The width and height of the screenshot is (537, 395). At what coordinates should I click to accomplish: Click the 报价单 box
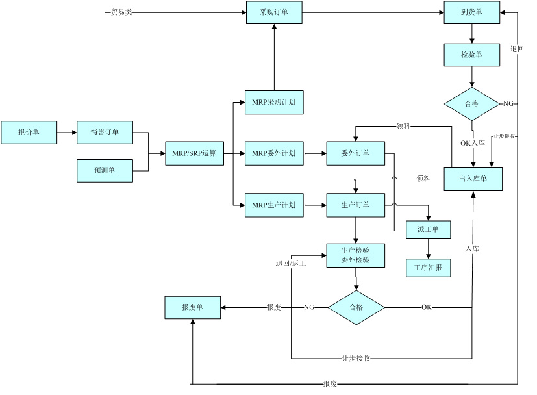29,132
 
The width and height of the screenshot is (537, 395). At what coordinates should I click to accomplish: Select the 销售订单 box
105,132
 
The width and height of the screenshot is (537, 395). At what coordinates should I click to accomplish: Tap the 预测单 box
105,170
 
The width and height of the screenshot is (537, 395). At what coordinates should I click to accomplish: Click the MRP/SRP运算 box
194,153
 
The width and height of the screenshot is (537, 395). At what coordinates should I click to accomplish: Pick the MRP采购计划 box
273,103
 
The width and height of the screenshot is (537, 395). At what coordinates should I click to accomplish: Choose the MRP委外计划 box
273,153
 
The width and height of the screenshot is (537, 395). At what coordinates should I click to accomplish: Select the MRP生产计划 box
273,205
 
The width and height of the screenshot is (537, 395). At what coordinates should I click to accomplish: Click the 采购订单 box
273,13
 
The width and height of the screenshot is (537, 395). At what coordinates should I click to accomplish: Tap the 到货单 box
472,13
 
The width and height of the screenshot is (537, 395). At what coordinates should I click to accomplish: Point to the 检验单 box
472,55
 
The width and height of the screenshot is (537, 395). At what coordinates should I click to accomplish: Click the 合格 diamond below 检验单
472,104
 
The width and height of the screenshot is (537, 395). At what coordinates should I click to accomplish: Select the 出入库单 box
473,179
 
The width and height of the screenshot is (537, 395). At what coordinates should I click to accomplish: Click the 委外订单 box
355,153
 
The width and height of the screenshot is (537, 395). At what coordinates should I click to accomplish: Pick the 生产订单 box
355,205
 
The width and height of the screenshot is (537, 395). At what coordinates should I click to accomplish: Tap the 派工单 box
428,229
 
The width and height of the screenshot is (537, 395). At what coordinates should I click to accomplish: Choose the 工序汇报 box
428,267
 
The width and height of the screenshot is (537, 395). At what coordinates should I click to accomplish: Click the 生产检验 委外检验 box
355,255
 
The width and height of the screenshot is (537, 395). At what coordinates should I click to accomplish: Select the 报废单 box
192,307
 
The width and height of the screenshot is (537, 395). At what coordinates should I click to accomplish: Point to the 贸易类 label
121,13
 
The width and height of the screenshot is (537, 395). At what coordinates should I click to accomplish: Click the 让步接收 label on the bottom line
356,358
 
